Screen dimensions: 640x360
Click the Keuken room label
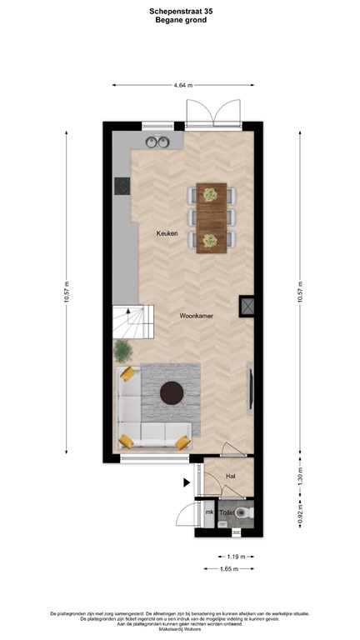pyautogui.click(x=167, y=234)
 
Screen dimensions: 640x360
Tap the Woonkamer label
pyautogui.click(x=197, y=317)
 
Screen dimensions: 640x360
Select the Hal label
pyautogui.click(x=231, y=476)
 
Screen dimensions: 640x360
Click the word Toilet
pyautogui.click(x=227, y=514)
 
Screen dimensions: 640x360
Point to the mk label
pyautogui.click(x=209, y=512)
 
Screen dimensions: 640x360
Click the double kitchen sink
pyautogui.click(x=157, y=138)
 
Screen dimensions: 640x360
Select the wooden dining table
pyautogui.click(x=211, y=217)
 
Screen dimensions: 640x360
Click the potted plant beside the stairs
pyautogui.click(x=122, y=349)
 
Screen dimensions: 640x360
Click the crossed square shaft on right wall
pyautogui.click(x=247, y=306)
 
